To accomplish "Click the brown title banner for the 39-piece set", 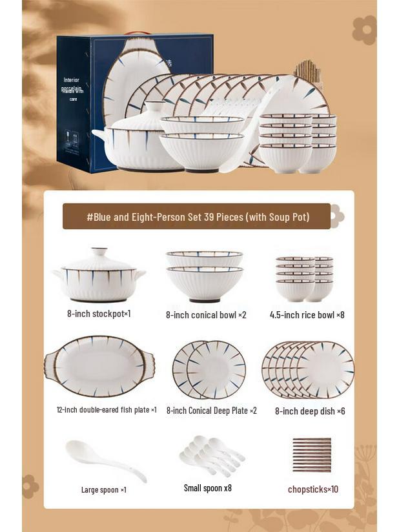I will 197,217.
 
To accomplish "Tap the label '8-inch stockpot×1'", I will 99,314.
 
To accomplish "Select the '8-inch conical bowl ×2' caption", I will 206,315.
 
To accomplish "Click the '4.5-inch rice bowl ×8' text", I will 307,315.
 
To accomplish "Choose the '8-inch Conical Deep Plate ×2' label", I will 211,411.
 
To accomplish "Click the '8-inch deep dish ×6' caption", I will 310,411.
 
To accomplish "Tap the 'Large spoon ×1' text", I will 103,489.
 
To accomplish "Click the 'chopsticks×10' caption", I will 312,489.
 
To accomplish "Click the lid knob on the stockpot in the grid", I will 99,251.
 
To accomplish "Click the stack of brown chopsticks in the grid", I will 311,455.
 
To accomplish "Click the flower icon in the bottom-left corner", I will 30,486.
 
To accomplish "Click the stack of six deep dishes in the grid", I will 308,370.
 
